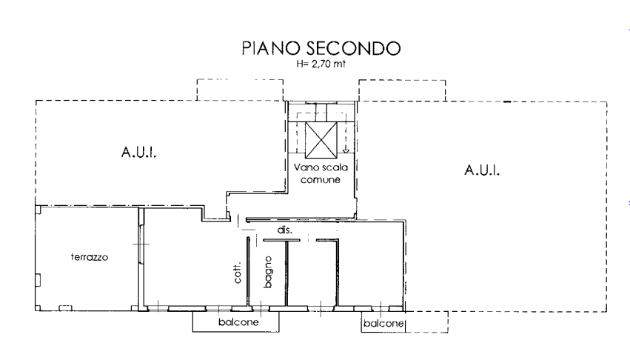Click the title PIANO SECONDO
click(321, 48)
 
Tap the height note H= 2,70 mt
click(321, 64)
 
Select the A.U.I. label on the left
click(138, 153)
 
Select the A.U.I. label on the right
click(482, 170)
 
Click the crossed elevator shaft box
click(321, 140)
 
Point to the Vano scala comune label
click(321, 173)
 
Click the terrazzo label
click(90, 257)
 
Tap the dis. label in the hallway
click(285, 230)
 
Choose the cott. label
click(238, 273)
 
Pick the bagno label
click(267, 272)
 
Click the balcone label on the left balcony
click(238, 322)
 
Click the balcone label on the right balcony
click(383, 324)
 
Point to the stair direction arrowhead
click(346, 151)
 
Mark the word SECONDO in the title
click(354, 48)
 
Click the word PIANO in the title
click(271, 48)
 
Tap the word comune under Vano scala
click(321, 180)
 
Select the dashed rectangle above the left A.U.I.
click(240, 80)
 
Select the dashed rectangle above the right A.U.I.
click(402, 81)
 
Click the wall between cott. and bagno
click(248, 272)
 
